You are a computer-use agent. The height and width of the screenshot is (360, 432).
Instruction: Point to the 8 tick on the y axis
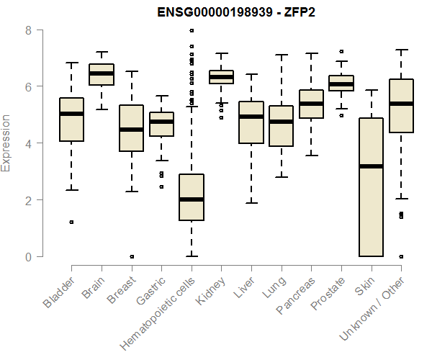tap(27, 30)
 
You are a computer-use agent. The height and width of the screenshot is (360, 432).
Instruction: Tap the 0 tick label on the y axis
tap(27, 256)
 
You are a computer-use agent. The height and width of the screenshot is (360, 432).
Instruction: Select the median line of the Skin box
tap(371, 166)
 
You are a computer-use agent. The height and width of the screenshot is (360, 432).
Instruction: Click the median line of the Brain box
tap(102, 73)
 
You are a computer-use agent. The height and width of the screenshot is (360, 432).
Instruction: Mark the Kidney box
tap(221, 77)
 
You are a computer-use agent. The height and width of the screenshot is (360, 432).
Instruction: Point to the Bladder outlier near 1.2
tap(71, 222)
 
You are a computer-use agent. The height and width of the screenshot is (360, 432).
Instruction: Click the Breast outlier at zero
tap(131, 256)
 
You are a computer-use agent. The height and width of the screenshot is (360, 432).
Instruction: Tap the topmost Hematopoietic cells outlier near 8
tap(191, 30)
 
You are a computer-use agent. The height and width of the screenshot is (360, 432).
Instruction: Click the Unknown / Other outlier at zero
tap(401, 256)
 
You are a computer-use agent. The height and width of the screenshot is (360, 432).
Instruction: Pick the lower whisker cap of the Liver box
tap(251, 203)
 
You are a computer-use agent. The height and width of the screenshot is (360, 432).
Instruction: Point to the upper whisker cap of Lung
tap(281, 55)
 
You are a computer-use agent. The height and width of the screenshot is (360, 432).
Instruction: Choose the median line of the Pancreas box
tap(311, 104)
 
